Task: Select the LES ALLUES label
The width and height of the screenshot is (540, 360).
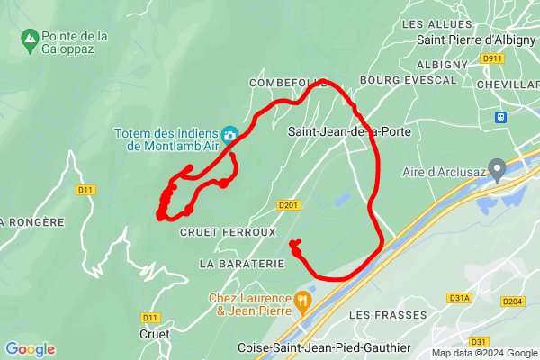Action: (436, 24)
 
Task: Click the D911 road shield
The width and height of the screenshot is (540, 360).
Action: (491, 58)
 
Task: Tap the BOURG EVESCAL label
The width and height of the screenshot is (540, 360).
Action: (396, 80)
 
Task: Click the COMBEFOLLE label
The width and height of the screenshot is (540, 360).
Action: (287, 83)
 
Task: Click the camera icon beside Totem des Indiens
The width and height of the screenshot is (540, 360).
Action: (229, 135)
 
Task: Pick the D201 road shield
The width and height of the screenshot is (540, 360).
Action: (288, 205)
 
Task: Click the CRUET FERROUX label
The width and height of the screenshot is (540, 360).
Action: (229, 232)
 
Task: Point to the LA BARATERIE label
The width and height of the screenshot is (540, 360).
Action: (242, 264)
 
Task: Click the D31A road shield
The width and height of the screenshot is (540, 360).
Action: (459, 297)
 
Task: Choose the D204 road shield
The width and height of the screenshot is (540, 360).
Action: (511, 301)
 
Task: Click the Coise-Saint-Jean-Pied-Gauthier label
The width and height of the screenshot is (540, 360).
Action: (324, 347)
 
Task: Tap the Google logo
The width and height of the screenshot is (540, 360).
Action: (31, 349)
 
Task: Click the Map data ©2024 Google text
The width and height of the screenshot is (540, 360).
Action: (483, 353)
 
